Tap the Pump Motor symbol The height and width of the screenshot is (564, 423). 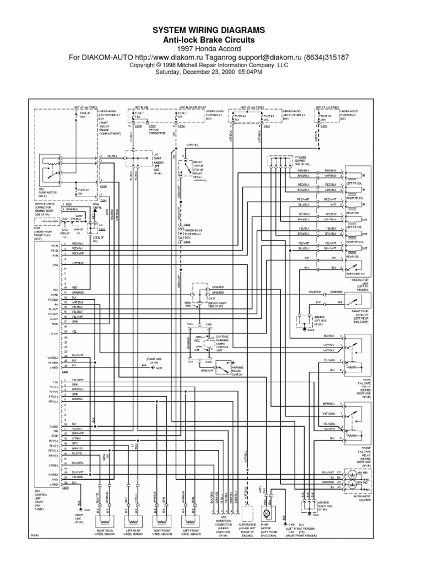(x=266, y=513)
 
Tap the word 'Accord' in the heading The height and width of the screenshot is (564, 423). (x=226, y=48)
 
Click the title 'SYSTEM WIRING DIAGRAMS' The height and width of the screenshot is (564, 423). (x=211, y=29)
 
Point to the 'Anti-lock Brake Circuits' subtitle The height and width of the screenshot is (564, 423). (x=211, y=39)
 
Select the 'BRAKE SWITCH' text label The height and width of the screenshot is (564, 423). (x=198, y=165)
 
